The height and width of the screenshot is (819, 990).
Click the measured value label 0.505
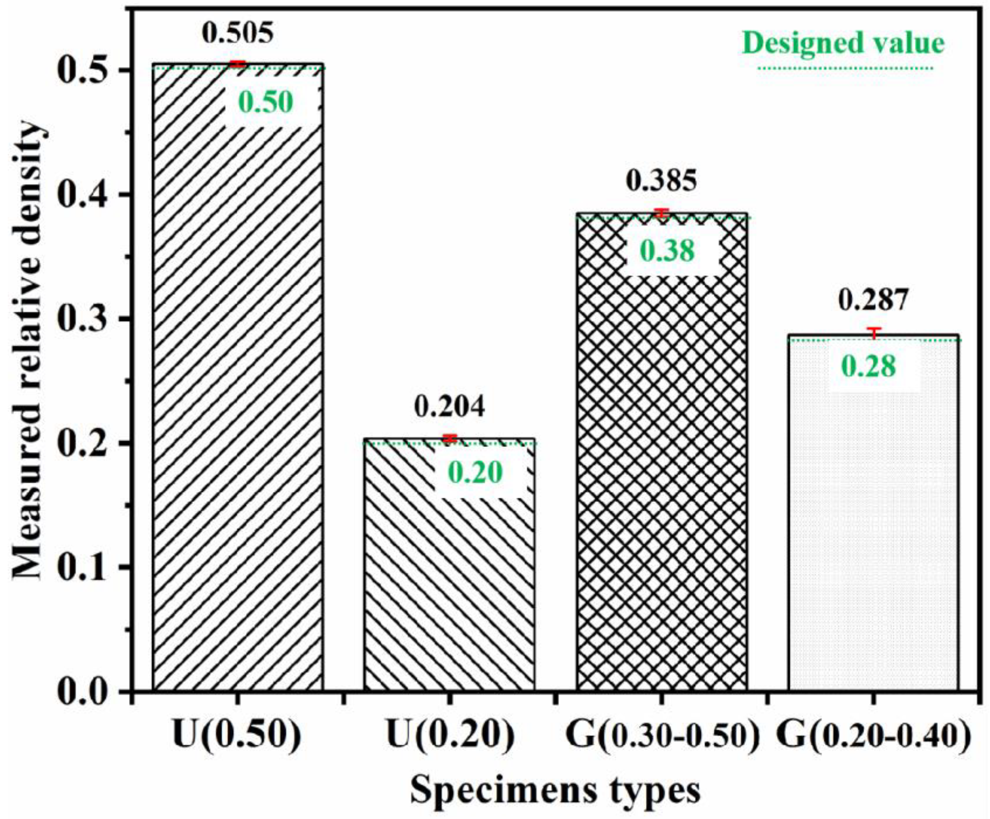click(238, 33)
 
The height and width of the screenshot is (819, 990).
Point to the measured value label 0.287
click(873, 301)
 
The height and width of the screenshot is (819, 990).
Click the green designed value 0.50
click(266, 103)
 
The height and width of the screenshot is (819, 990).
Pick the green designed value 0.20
click(475, 473)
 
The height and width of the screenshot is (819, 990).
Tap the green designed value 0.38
click(667, 251)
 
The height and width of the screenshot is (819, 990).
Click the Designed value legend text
click(843, 43)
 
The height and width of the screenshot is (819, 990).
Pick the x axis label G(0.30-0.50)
click(663, 735)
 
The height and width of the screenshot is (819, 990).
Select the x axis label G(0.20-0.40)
click(874, 735)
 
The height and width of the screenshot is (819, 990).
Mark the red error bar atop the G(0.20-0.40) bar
click(874, 333)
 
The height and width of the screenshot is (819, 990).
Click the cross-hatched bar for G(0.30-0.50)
click(662, 471)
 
